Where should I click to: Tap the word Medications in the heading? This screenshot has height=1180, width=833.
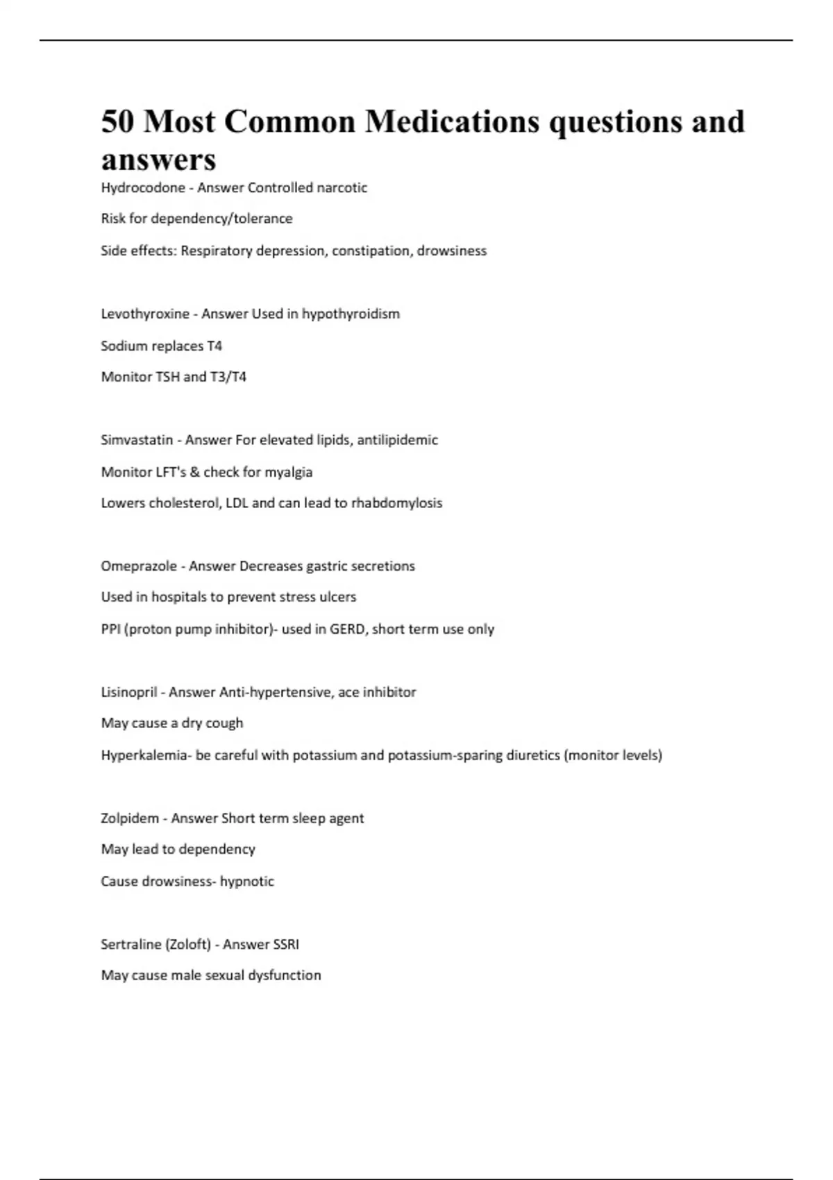pyautogui.click(x=452, y=121)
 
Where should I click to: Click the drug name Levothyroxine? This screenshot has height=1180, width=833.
pyautogui.click(x=145, y=314)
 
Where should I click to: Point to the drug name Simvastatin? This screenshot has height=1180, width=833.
pyautogui.click(x=137, y=440)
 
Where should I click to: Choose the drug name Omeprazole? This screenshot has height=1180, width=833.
pyautogui.click(x=139, y=566)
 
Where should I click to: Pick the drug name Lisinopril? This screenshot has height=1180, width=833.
pyautogui.click(x=129, y=692)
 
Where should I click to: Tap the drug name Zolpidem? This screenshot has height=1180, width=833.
pyautogui.click(x=130, y=818)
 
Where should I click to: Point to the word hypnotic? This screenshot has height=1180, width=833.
pyautogui.click(x=247, y=882)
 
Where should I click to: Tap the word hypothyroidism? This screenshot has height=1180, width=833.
pyautogui.click(x=351, y=314)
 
